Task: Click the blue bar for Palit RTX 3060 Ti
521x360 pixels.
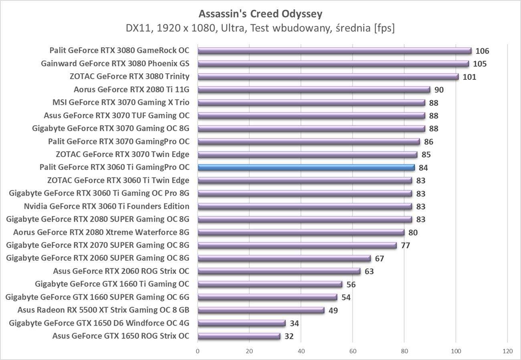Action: [x=306, y=168]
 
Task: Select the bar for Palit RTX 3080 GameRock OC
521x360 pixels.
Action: [x=334, y=51]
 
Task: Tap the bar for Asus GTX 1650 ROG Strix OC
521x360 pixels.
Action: [x=239, y=336]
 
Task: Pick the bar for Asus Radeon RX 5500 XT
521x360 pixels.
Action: [x=261, y=310]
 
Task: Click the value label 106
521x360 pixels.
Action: [x=482, y=51]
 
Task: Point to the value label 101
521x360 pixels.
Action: [x=469, y=77]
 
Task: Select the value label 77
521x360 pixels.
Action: [x=406, y=245]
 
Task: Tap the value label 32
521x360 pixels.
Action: [x=289, y=336]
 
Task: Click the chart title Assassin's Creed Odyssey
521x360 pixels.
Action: [x=260, y=14]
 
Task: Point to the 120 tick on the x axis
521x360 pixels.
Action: [x=507, y=351]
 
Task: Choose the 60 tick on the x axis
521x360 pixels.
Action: [x=353, y=351]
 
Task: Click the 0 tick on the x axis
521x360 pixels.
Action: [x=198, y=351]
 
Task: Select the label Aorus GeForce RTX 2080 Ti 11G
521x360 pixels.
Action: [x=131, y=89]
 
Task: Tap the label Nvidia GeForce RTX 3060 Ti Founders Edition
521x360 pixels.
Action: [x=107, y=206]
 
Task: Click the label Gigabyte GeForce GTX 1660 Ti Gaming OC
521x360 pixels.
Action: [x=112, y=284]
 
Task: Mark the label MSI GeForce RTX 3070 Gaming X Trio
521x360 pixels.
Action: [x=121, y=103]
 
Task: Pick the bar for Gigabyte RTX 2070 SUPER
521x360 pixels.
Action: [x=297, y=245]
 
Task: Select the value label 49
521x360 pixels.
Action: [x=333, y=310]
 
